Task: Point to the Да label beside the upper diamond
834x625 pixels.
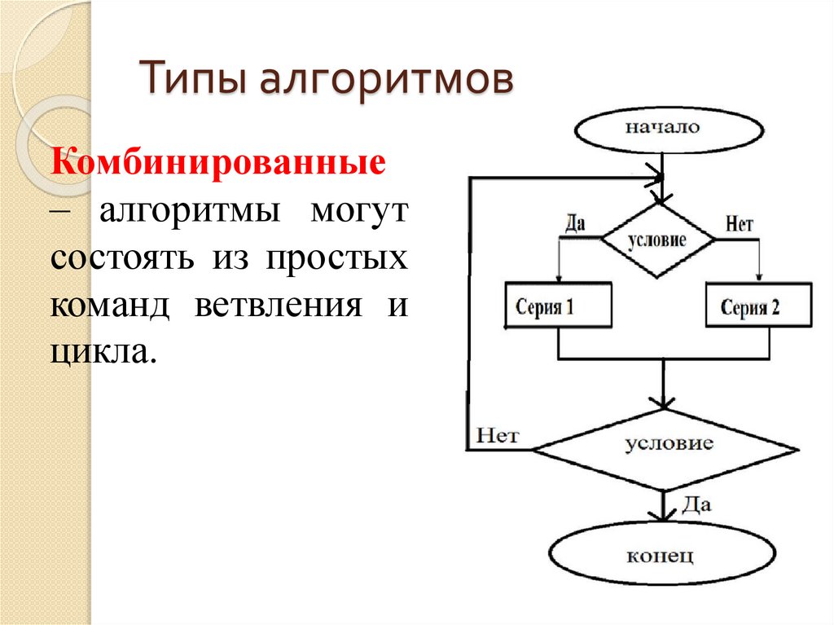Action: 575,224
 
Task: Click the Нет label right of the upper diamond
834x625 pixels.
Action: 739,224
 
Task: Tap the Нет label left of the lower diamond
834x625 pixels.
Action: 498,435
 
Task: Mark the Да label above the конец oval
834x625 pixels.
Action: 696,504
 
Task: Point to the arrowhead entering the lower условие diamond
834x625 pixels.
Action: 665,403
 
